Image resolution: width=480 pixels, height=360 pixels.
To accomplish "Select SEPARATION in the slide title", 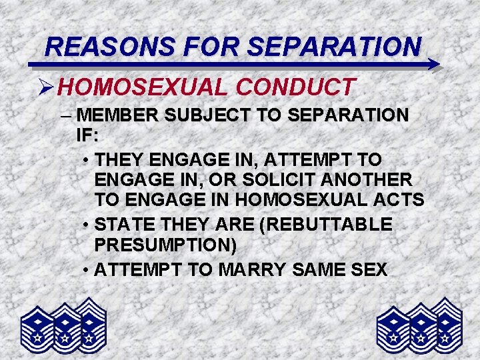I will tap(334, 46).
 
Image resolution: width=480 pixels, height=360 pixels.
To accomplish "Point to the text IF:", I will tap(87, 135).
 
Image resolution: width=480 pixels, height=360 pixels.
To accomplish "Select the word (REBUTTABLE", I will tap(329, 225).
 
